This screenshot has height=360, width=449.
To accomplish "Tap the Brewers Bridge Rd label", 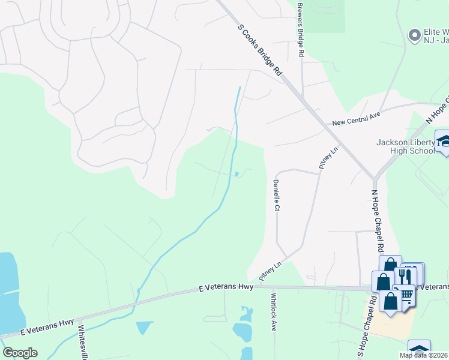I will (x=301, y=29).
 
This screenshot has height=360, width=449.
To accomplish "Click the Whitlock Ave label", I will (x=273, y=312).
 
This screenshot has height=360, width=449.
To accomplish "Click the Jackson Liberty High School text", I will (x=405, y=146).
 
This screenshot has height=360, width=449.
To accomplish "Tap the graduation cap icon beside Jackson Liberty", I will (x=444, y=142).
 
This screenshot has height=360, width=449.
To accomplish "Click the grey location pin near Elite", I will (x=414, y=36).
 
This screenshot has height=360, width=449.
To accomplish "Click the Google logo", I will (x=20, y=353).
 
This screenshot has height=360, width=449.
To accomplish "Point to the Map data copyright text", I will (x=424, y=355).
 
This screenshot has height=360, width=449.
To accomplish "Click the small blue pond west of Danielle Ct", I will (x=237, y=175).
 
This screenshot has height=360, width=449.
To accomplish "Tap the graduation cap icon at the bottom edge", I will (x=419, y=350).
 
